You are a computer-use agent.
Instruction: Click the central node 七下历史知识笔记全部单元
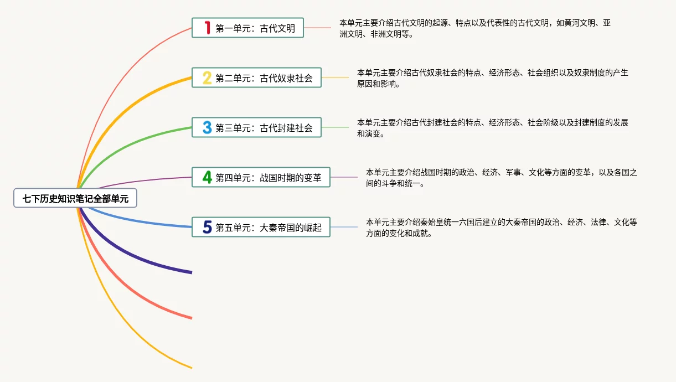click(x=75, y=198)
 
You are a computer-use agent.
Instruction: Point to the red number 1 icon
click(x=207, y=28)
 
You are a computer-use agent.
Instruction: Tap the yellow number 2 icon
click(x=207, y=78)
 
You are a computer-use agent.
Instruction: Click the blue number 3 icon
click(x=207, y=127)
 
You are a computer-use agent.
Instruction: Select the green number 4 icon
click(x=207, y=177)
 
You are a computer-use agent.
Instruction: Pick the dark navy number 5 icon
click(x=207, y=227)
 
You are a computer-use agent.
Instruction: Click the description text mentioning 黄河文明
click(x=474, y=28)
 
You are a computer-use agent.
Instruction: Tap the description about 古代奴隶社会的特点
click(x=492, y=78)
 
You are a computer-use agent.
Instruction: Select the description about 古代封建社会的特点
click(x=492, y=127)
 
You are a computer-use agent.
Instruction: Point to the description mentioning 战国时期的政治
click(x=501, y=177)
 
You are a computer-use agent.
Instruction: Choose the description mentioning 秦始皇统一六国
click(x=501, y=227)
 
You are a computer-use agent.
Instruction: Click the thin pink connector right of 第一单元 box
click(x=317, y=28)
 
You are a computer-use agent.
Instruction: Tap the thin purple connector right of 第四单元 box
click(x=344, y=177)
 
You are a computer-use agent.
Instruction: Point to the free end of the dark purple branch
click(x=190, y=272)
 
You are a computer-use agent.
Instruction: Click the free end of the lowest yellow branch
click(x=190, y=367)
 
